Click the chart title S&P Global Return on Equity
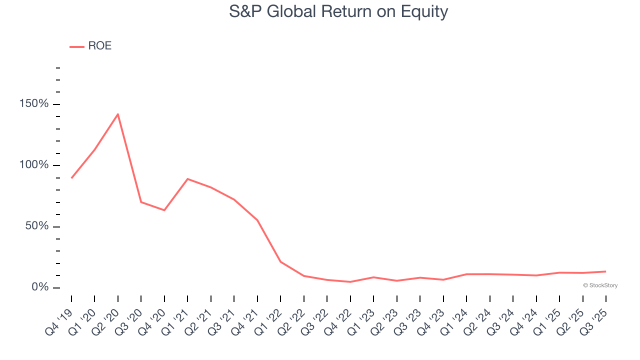[338, 11]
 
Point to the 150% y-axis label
[34, 104]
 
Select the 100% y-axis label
[34, 165]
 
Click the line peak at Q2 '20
[117, 114]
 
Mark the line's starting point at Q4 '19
[71, 178]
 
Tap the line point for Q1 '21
[187, 178]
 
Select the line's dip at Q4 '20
[164, 210]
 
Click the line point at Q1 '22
[280, 261]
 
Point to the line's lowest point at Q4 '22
[350, 282]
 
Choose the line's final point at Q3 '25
[605, 271]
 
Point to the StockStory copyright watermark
[600, 285]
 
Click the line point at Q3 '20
[141, 202]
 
